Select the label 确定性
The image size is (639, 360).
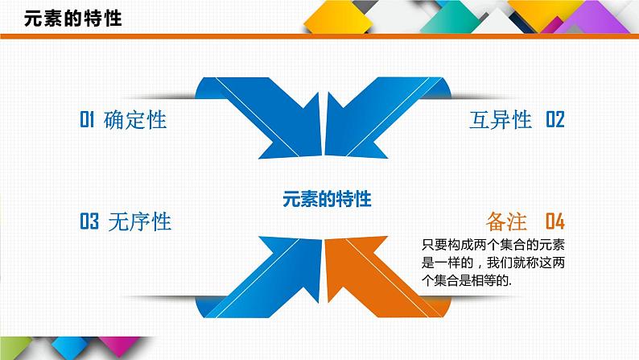click(x=134, y=120)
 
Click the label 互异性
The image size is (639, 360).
click(x=501, y=120)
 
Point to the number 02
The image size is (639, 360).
click(x=555, y=120)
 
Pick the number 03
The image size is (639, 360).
click(x=89, y=221)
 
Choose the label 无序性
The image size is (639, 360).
click(x=139, y=221)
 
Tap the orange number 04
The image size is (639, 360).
click(x=555, y=221)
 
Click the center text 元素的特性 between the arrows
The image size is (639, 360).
click(x=327, y=198)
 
